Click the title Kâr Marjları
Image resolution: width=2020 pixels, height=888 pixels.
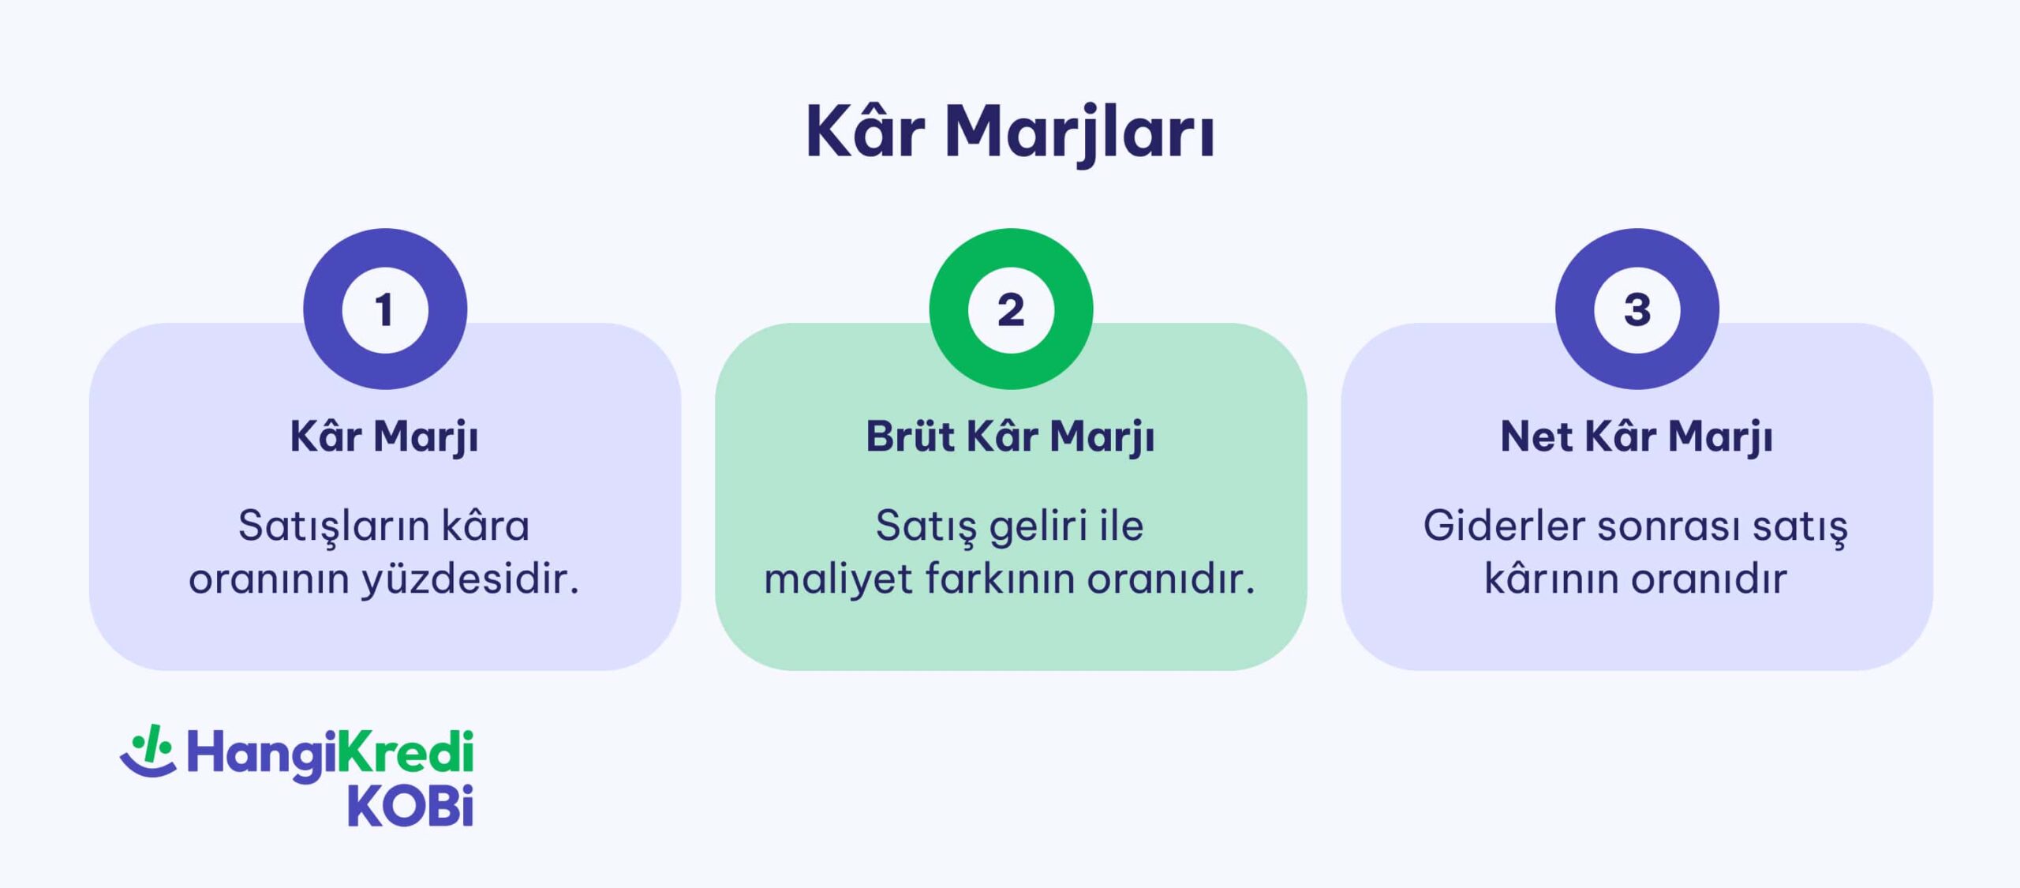coord(1010,133)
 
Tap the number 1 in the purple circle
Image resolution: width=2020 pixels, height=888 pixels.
coord(385,309)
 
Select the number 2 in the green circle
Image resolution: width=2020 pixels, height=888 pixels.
coord(1011,309)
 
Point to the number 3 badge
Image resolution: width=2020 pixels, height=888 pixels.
coord(1637,309)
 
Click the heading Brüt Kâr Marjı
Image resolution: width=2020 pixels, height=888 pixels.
coord(1010,437)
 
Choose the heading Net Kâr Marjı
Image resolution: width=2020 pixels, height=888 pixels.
coord(1637,437)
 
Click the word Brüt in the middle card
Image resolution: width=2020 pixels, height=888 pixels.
coord(910,437)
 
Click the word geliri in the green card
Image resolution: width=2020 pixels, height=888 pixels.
coord(1038,526)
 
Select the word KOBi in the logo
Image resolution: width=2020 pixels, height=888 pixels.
coord(410,806)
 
